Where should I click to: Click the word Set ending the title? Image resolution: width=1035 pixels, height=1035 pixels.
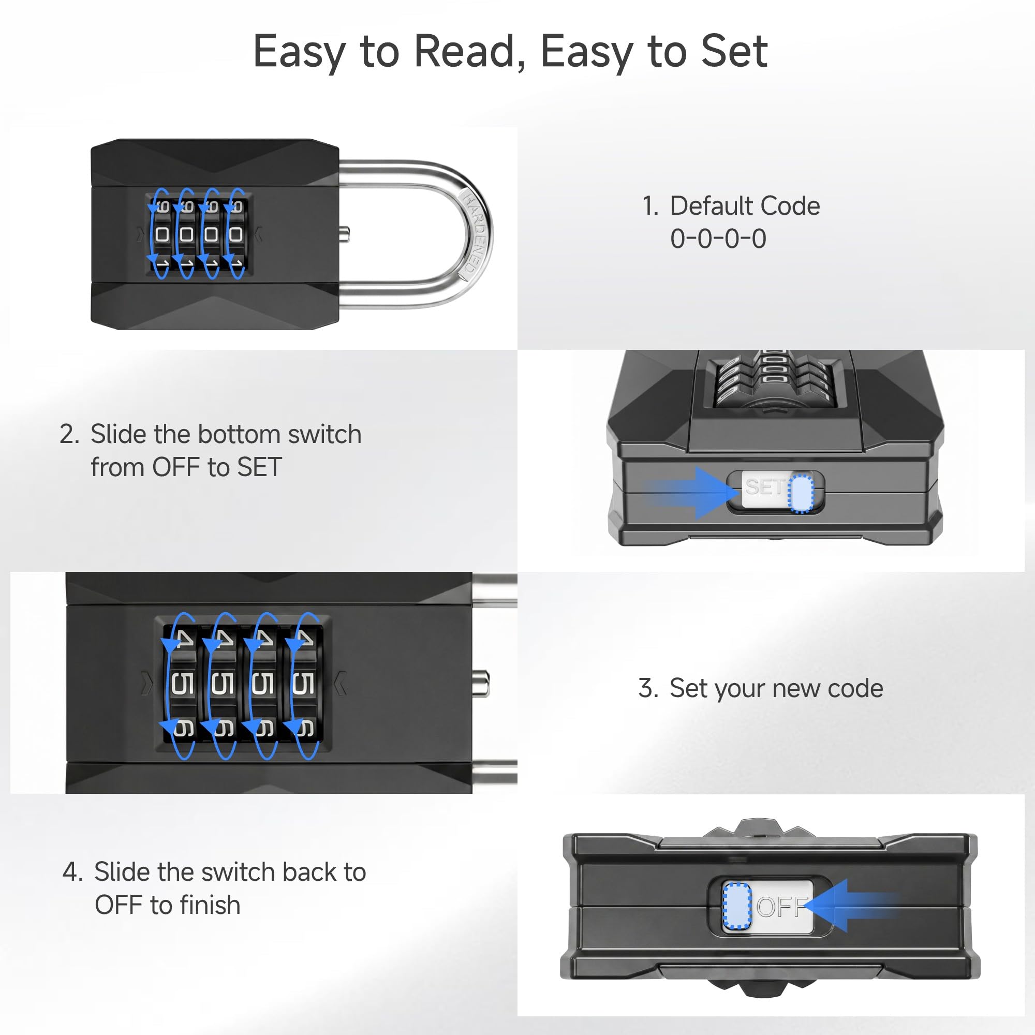coord(734,51)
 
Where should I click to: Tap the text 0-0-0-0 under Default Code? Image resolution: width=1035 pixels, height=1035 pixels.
coord(718,239)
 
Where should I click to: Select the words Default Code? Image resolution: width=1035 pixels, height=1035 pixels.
coord(745,206)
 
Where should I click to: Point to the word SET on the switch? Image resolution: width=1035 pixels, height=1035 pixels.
coord(764,487)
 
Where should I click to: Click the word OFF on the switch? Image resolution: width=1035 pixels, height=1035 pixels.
coord(782,907)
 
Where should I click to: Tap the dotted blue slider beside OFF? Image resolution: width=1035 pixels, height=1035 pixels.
coord(737,905)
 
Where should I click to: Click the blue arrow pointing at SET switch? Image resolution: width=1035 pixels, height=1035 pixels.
coord(691,492)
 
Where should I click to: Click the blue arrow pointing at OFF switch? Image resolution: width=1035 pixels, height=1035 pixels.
coord(852,905)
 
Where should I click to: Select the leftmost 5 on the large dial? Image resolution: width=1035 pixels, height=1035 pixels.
coord(182,684)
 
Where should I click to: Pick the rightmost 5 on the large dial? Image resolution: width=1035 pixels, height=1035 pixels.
coord(303,684)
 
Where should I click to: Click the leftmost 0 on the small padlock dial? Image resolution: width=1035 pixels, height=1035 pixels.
coord(162,234)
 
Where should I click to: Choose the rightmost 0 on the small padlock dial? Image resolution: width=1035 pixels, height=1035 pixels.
coord(235,234)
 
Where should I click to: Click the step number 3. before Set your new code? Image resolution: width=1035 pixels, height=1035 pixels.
coord(648,688)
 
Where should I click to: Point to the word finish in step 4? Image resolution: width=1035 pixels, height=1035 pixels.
coord(210,905)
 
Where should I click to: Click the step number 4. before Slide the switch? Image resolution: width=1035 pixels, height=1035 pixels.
coord(73,872)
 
